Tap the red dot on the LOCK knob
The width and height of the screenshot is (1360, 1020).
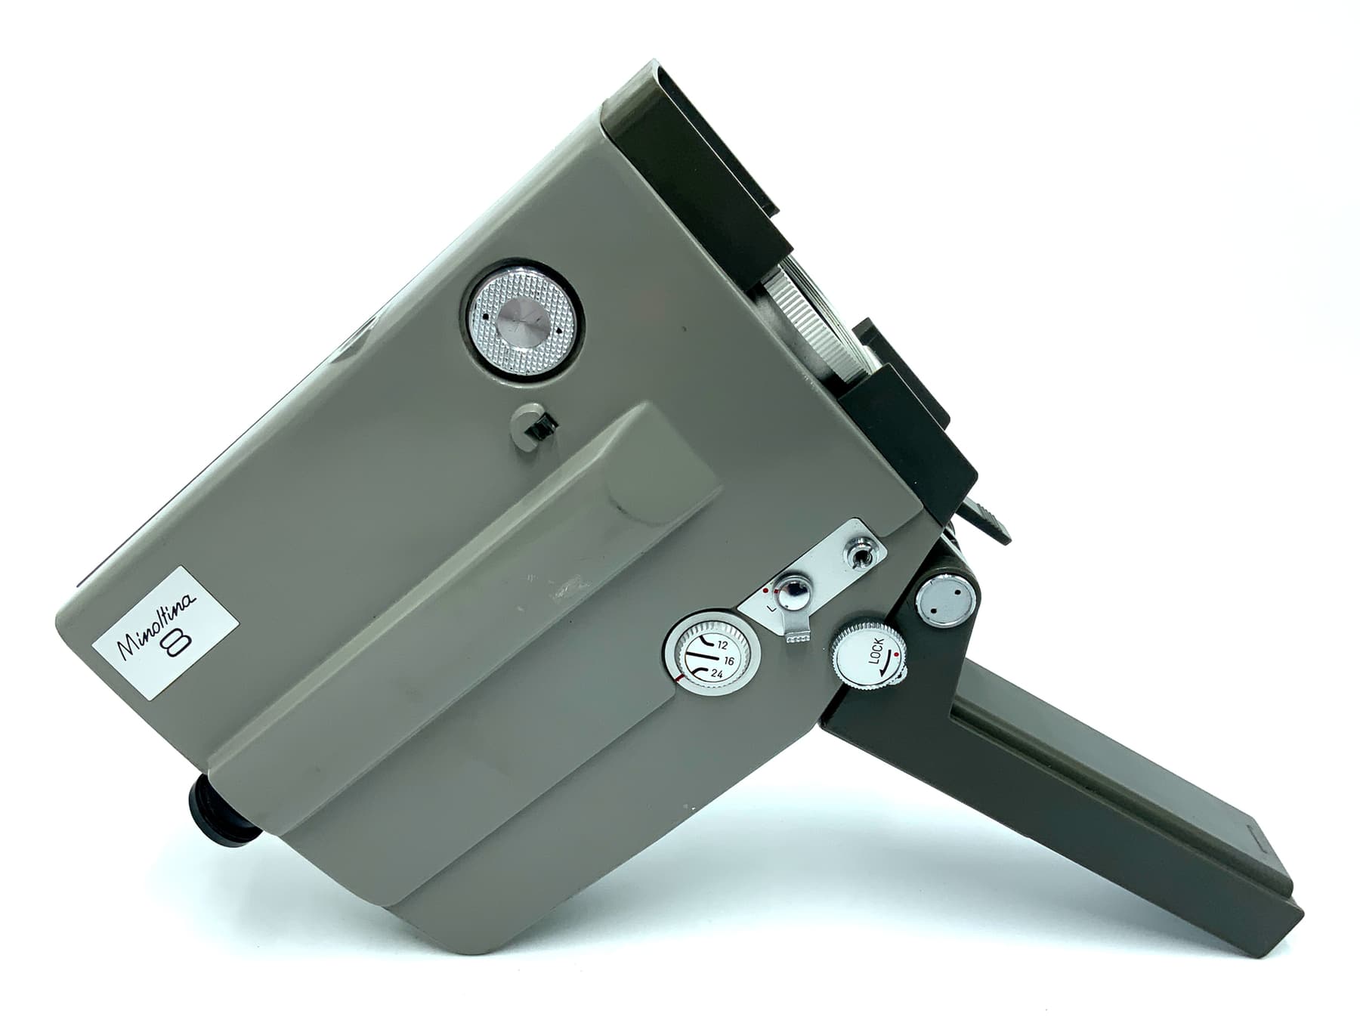895,656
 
